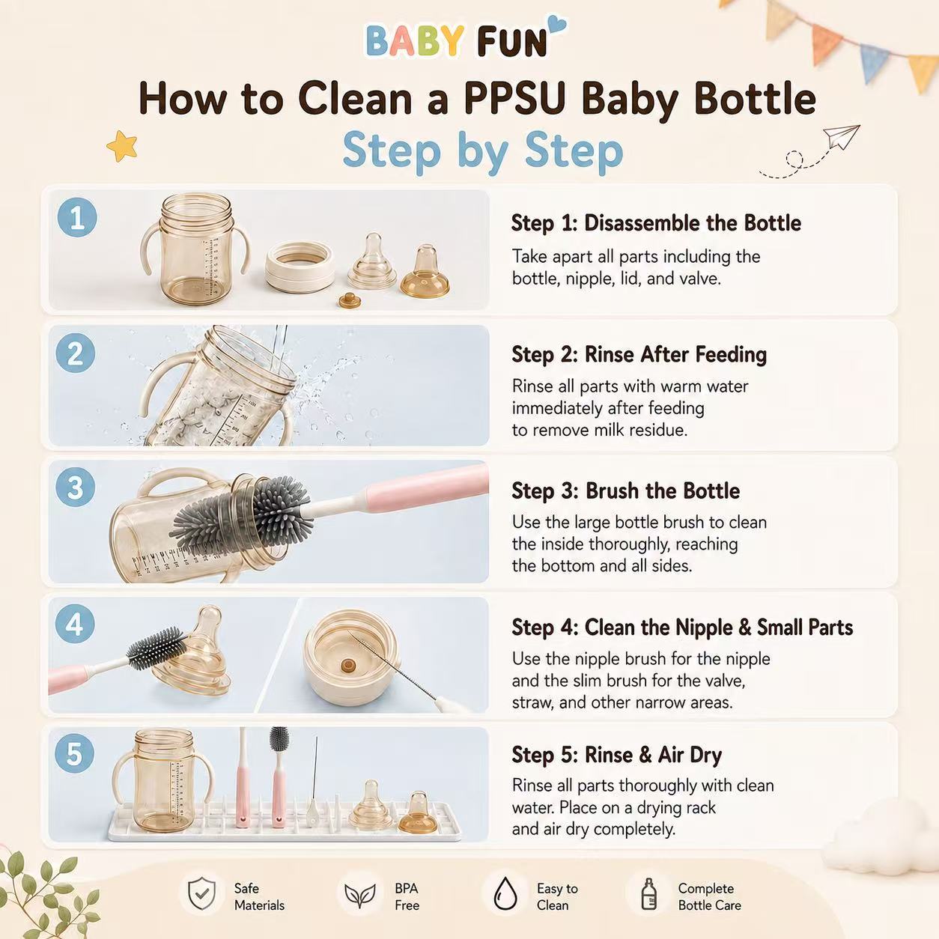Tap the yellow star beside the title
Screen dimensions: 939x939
tap(122, 146)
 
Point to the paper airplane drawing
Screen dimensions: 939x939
tap(841, 137)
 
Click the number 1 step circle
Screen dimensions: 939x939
tap(77, 217)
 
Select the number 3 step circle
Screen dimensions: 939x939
tap(75, 487)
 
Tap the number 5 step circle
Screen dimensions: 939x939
tap(74, 754)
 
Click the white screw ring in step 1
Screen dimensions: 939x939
tap(300, 267)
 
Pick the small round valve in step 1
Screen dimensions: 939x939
tap(350, 300)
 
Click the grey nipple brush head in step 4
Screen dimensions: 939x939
tap(157, 648)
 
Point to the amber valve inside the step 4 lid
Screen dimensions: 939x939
tap(348, 666)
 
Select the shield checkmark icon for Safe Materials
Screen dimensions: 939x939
tap(201, 893)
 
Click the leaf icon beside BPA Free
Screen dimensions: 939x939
tap(359, 896)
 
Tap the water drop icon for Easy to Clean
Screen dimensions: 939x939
tap(505, 893)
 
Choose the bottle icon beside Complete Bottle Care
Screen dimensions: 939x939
tap(648, 893)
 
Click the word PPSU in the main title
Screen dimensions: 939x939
tap(515, 99)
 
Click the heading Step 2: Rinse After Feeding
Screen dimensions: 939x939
tap(639, 354)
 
